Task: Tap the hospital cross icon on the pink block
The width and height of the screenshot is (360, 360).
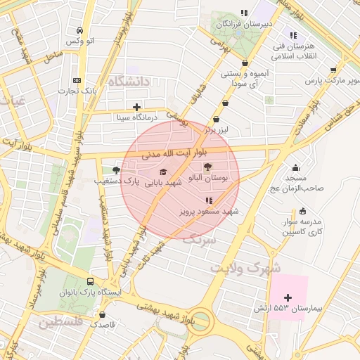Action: click(x=288, y=297)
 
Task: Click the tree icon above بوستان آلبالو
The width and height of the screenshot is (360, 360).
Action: click(x=207, y=167)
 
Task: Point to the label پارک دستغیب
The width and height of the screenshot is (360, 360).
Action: click(x=113, y=181)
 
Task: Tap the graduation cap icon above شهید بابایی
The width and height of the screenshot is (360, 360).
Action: click(x=163, y=172)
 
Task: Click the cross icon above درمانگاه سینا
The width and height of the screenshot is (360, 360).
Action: click(x=136, y=107)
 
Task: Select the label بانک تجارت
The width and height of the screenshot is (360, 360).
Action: click(x=77, y=91)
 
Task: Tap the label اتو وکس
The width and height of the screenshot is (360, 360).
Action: click(x=80, y=41)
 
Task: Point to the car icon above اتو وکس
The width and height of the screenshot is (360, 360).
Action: click(x=80, y=31)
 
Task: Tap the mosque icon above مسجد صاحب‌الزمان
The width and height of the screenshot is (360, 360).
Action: click(x=295, y=167)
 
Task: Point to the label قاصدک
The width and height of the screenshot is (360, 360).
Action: click(x=103, y=326)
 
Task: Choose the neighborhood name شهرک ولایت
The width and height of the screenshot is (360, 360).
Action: click(x=245, y=268)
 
